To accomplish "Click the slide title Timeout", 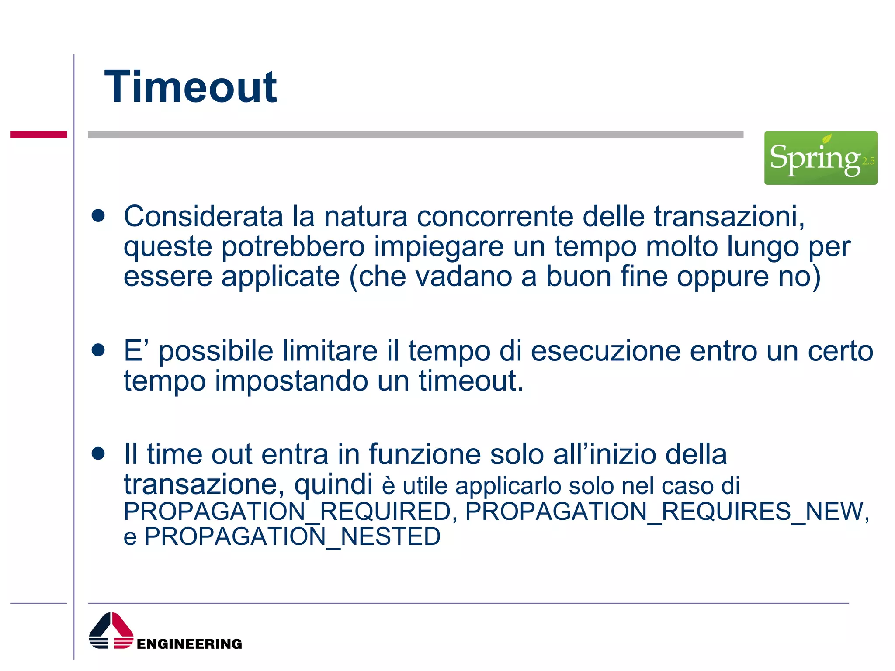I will tap(190, 87).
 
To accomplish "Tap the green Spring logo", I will tap(820, 158).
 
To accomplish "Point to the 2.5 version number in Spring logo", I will tap(868, 161).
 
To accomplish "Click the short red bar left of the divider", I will tap(38, 135).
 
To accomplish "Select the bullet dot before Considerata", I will tap(98, 216).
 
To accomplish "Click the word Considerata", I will tap(203, 216).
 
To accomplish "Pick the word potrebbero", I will tap(293, 247).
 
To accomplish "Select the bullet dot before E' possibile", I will tap(98, 350).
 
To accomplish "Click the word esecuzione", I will tap(605, 351).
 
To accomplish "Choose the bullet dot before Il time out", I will tap(98, 453).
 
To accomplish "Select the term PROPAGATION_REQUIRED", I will tap(287, 512).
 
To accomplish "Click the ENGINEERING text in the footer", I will tap(189, 644).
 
